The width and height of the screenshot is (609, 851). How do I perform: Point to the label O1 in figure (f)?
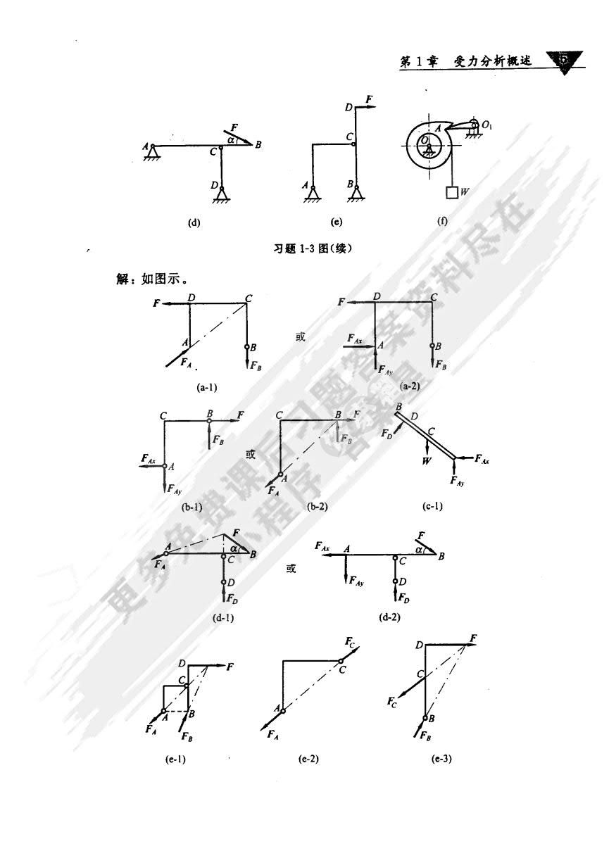(487, 125)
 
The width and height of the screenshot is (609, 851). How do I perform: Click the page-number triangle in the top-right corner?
(567, 61)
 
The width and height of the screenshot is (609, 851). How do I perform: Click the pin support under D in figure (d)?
(222, 192)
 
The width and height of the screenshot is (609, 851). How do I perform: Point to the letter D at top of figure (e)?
(349, 107)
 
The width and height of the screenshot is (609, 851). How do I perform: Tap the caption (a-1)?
(211, 386)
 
